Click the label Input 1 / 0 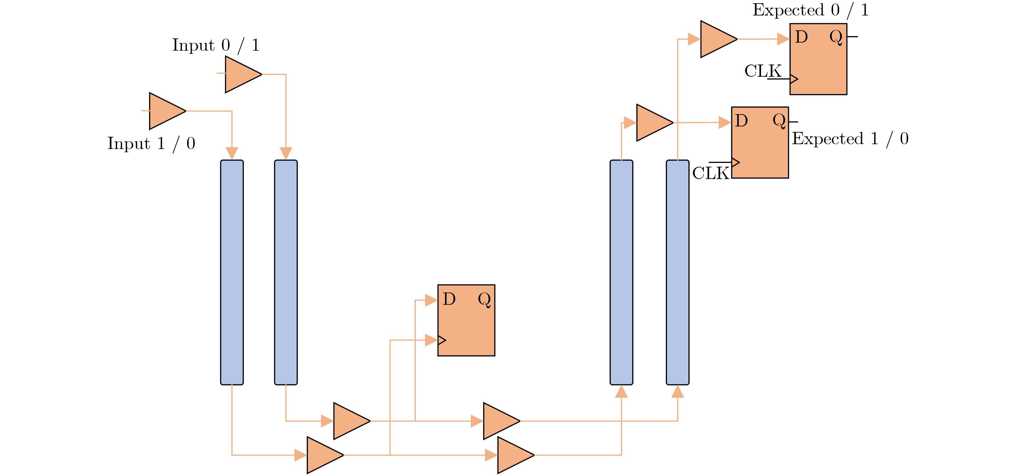[151, 144]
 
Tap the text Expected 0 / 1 [810, 10]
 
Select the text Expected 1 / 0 [850, 139]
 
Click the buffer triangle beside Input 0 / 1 [241, 74]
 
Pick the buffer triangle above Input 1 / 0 [165, 111]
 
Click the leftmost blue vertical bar [232, 272]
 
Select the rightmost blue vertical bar [677, 272]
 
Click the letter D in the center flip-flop [449, 299]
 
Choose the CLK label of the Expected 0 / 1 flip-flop [762, 71]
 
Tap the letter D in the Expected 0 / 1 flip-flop [801, 37]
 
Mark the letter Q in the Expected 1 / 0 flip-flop [779, 121]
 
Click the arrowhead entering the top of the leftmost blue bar [232, 153]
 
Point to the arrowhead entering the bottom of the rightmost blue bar [677, 392]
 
